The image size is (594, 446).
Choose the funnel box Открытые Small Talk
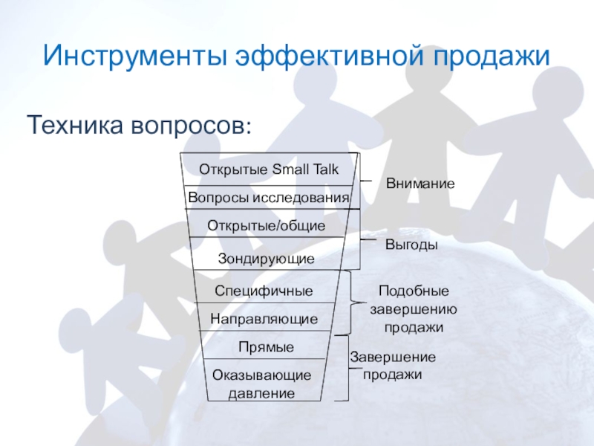pos(267,169)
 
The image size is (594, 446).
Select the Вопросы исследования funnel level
pos(268,198)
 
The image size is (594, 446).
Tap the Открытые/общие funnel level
pos(267,225)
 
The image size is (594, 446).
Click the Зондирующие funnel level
pos(266,259)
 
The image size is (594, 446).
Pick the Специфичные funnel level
pos(264,291)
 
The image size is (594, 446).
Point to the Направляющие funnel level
pos(264,319)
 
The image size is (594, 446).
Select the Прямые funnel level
pos(266,347)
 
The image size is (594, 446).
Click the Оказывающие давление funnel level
pos(261,384)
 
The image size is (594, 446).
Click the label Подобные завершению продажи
pos(414,308)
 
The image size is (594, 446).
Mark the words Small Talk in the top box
pos(305,169)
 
